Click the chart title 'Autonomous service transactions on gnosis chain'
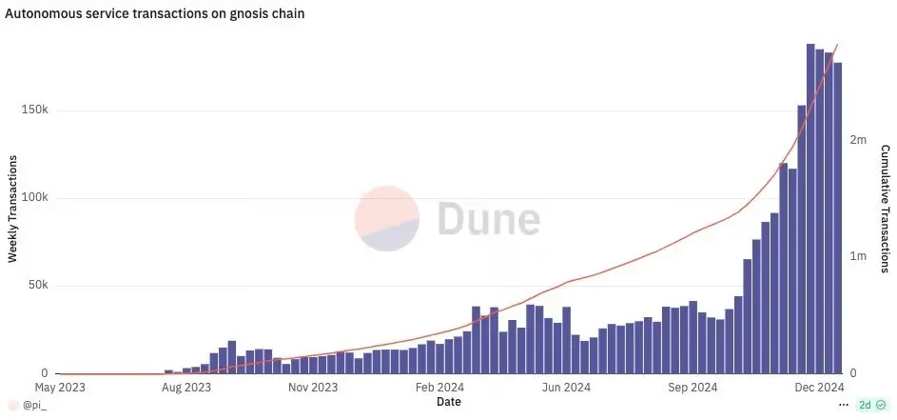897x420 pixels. pos(155,13)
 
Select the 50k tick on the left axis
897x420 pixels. pos(37,286)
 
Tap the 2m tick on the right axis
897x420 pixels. pos(858,140)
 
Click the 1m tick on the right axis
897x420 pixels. pos(858,256)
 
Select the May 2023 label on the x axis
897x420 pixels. pos(61,388)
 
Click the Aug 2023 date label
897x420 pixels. pos(186,388)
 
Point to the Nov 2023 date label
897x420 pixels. pos(312,388)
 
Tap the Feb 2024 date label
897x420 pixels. pos(439,388)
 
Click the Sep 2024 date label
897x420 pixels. pos(692,388)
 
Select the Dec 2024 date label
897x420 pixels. pos(819,388)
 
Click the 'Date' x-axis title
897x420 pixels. pos(449,402)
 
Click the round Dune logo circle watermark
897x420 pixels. pos(387,218)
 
